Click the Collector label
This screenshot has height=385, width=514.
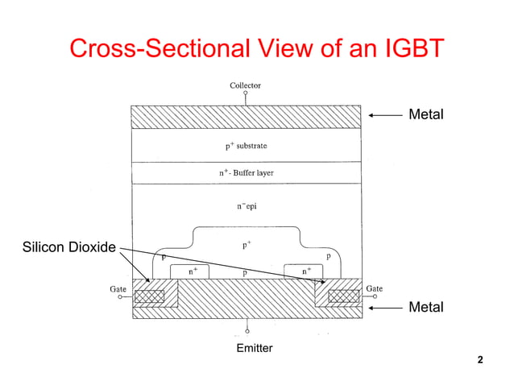[245, 85]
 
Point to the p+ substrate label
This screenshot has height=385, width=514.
[246, 147]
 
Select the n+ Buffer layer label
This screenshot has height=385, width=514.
[247, 173]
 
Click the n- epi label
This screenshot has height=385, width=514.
[247, 206]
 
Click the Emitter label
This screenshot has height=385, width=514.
[254, 348]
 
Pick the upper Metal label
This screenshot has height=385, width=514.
[426, 115]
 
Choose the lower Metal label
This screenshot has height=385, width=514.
[426, 308]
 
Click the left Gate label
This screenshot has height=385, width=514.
[117, 288]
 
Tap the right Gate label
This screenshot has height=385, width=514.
[374, 288]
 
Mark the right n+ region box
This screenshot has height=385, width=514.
[304, 271]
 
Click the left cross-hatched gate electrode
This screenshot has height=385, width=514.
[148, 296]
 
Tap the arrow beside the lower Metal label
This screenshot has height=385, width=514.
[384, 308]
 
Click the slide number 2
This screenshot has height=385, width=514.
[480, 359]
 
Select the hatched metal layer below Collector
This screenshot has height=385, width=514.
[246, 117]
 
